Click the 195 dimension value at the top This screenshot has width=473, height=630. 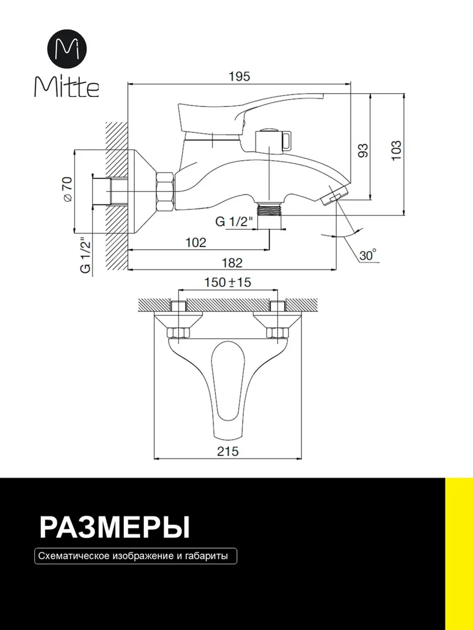click(x=239, y=77)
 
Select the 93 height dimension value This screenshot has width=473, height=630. click(x=363, y=150)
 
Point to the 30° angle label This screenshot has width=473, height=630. click(x=368, y=255)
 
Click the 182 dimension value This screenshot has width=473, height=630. click(x=232, y=262)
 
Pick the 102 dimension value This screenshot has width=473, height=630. click(x=196, y=243)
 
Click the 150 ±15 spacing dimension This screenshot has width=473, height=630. click(x=227, y=282)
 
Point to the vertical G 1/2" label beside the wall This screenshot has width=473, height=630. click(x=85, y=256)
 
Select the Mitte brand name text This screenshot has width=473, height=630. click(x=66, y=87)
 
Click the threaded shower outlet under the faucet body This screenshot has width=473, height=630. click(x=270, y=209)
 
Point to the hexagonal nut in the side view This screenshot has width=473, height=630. click(x=166, y=192)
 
